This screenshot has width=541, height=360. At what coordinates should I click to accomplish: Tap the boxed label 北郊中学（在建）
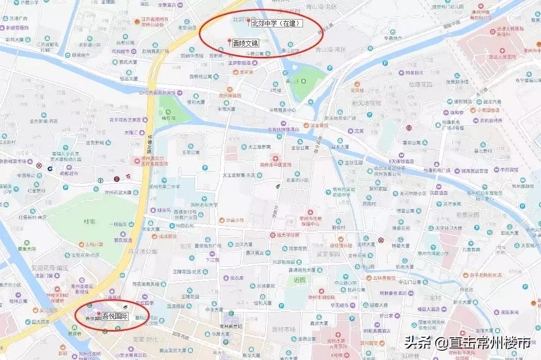click(277, 23)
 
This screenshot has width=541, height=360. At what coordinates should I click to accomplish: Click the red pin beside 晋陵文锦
click(229, 41)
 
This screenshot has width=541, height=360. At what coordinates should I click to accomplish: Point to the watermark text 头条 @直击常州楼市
click(467, 342)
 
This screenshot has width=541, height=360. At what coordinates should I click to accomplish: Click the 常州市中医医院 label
click(276, 165)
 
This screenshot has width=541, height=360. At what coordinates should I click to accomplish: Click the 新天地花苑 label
click(366, 103)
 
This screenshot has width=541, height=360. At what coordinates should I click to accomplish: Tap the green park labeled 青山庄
click(293, 81)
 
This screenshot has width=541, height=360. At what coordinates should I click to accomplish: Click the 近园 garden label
click(299, 279)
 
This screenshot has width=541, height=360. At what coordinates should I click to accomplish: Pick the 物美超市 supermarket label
click(414, 73)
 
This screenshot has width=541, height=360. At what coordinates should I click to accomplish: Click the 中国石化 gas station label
click(184, 226)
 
